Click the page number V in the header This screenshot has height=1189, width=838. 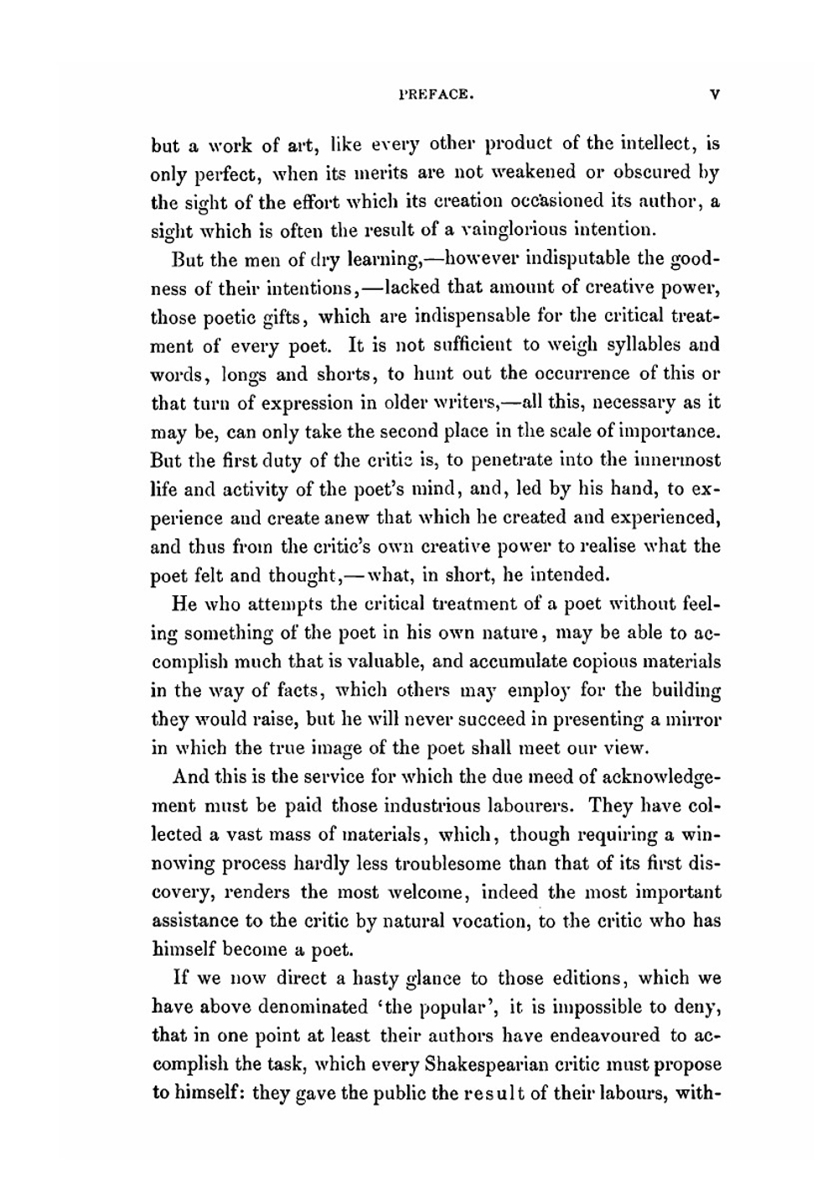pos(713,96)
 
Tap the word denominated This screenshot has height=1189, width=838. pos(315,1006)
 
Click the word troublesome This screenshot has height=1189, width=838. pos(441,863)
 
